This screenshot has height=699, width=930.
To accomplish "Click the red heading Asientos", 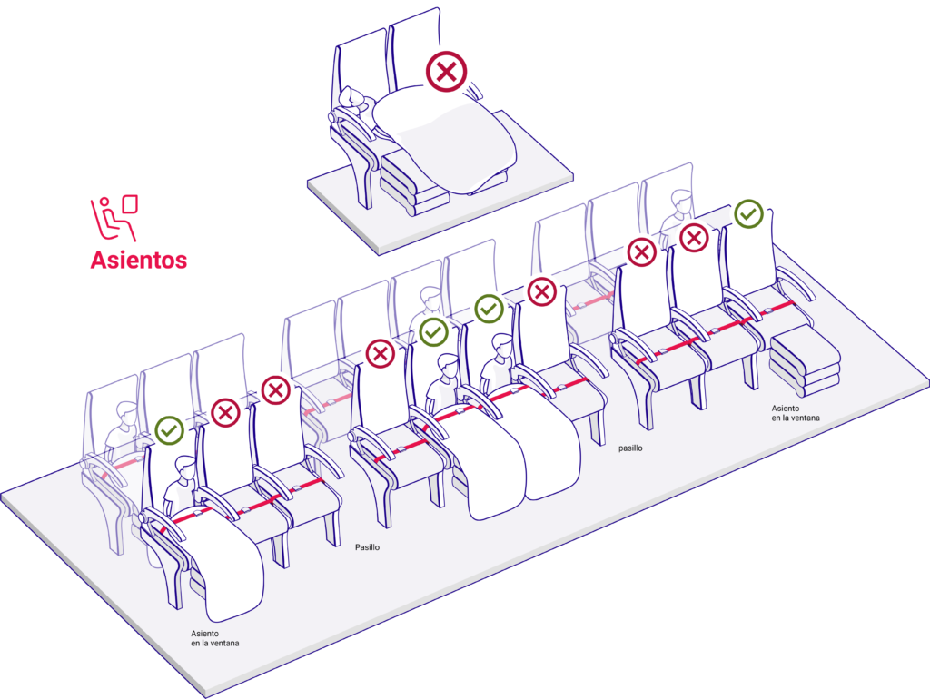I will (138, 260).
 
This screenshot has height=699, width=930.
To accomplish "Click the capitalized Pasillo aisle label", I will (367, 547).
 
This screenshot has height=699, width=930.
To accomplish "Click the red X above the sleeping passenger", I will (446, 71).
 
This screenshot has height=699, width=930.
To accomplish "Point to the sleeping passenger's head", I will (351, 100).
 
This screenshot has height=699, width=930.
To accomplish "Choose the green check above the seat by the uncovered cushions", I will (748, 214).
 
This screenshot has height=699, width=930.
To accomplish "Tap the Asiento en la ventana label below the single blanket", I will (215, 638).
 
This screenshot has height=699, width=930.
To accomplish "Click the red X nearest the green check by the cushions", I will (695, 238).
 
